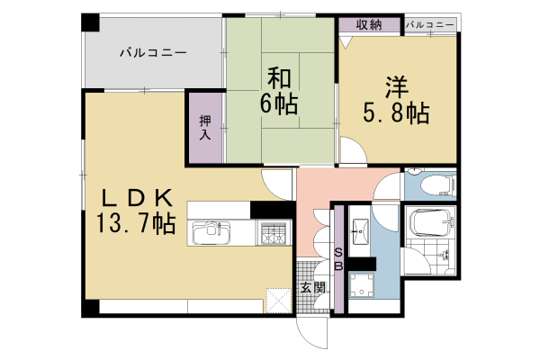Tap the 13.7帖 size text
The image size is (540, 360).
[138, 224]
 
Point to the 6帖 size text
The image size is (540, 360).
[279, 103]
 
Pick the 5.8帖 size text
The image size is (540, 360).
[395, 113]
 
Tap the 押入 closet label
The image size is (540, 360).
[204, 127]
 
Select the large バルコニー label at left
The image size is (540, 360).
[154, 53]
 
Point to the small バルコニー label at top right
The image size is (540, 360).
[430, 24]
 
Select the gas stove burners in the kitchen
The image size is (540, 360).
[274, 233]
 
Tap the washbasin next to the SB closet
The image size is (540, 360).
[362, 229]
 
